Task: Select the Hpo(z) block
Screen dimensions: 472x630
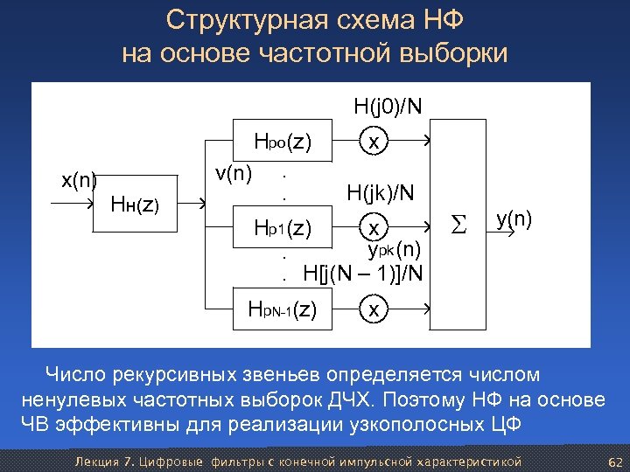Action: click(x=282, y=141)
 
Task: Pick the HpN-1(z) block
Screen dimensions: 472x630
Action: click(x=282, y=309)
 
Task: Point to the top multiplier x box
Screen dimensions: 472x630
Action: click(x=374, y=141)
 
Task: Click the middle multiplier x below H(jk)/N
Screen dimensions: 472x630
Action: click(x=374, y=228)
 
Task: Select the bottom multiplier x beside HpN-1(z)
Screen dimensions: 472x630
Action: click(x=374, y=309)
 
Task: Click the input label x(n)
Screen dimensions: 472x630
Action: click(x=79, y=181)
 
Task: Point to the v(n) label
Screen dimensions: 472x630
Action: click(x=234, y=173)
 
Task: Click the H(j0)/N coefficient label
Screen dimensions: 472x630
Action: click(x=388, y=108)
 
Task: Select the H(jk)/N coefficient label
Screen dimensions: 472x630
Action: click(x=381, y=192)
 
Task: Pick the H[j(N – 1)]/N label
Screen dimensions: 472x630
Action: click(x=362, y=274)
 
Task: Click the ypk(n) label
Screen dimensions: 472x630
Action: click(x=394, y=250)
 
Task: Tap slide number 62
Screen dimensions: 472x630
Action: click(x=613, y=461)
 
